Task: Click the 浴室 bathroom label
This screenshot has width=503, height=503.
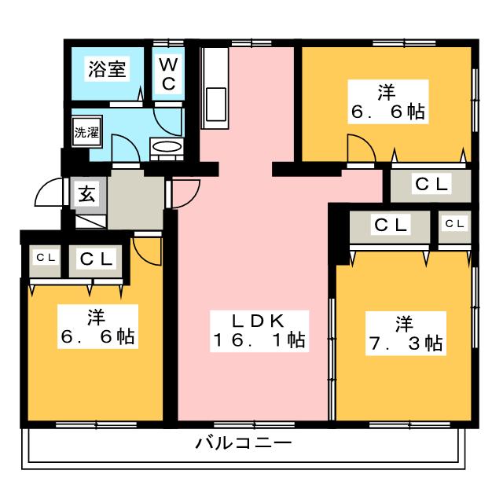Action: point(107,68)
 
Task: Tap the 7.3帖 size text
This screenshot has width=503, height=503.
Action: point(404,343)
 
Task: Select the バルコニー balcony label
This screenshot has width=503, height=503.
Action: point(244,443)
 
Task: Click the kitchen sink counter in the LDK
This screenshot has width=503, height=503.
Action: point(214,86)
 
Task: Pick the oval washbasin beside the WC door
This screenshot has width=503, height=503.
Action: point(166,147)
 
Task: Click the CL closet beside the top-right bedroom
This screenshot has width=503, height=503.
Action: point(431,185)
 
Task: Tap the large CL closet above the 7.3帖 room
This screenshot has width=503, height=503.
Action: point(391,226)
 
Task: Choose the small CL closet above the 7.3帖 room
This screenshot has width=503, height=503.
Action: point(455,225)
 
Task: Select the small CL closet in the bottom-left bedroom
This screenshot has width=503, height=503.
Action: point(45,257)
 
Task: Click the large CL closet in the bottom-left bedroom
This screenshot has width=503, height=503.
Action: point(97,258)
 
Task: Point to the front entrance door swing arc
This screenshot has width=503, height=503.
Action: point(50,191)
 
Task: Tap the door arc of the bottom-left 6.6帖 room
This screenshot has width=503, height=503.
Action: point(146,248)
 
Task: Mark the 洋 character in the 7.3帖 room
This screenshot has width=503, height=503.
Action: point(404,322)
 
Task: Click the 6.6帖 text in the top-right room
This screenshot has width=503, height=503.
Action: point(388,112)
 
